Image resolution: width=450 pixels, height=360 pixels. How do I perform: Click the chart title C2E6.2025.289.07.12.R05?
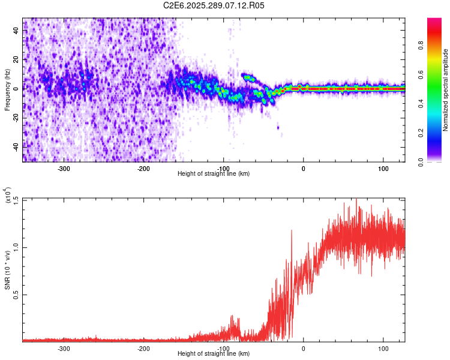point(214,5)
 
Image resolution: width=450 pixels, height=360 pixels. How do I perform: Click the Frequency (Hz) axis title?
point(7,89)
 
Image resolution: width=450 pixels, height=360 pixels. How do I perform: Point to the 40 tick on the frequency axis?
point(17,31)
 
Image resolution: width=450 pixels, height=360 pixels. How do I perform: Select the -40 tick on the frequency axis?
point(17,146)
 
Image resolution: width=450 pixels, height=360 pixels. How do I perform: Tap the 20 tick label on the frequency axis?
point(17,59)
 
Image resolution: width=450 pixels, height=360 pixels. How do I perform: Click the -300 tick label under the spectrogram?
point(64,168)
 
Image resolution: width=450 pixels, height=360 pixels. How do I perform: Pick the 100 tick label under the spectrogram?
point(383,168)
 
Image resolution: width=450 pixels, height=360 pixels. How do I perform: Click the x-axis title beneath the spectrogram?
point(214,173)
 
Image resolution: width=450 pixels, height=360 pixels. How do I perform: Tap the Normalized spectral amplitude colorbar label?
point(445,90)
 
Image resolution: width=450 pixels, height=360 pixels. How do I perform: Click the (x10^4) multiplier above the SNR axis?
point(8,195)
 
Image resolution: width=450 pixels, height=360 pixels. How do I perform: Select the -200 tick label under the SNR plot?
point(143,348)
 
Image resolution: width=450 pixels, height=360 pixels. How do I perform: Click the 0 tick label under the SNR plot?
point(304,348)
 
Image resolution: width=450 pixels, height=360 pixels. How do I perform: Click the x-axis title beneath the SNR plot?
point(214,353)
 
